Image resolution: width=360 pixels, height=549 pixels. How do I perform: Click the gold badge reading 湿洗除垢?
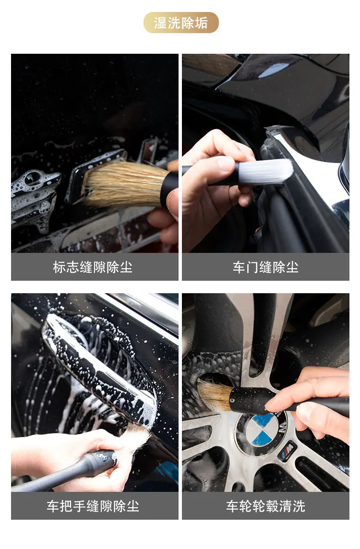pos(180,23)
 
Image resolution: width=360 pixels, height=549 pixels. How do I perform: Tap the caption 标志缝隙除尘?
pos(93,267)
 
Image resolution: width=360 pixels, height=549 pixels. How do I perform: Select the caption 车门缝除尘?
pos(265,267)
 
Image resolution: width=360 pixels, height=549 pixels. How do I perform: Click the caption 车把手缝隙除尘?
pos(93,506)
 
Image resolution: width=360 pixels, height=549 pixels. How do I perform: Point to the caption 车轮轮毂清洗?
pos(265,506)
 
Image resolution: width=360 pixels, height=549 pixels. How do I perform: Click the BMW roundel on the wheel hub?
pos(262,433)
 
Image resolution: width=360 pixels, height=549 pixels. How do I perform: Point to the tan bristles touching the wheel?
pos(214,394)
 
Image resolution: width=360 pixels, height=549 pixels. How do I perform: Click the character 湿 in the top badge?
pos(160,23)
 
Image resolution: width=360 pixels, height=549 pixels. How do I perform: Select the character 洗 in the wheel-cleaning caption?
pos(299,506)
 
